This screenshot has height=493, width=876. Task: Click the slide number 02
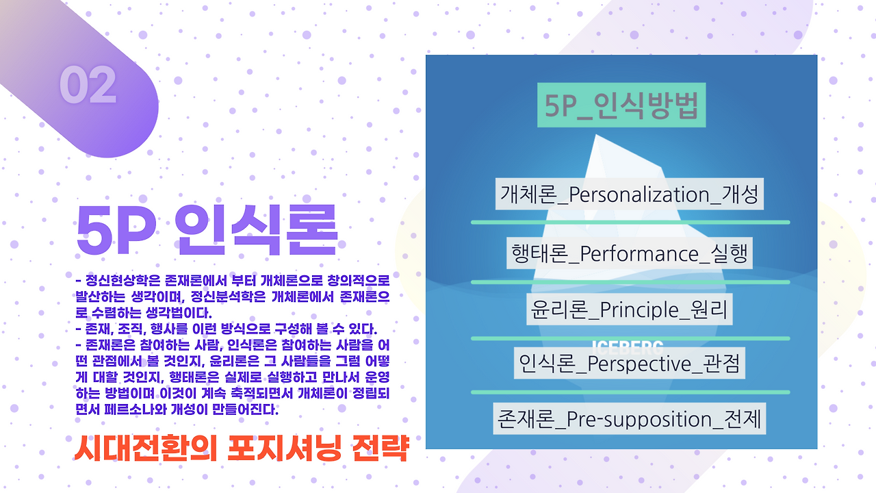pos(88,85)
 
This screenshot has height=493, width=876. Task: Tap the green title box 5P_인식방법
pos(621,105)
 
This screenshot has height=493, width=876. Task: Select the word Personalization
pos(639,194)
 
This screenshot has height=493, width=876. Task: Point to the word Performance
pos(639,253)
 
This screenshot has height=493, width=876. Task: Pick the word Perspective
pos(639,364)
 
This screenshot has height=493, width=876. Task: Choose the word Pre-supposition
pos(639,420)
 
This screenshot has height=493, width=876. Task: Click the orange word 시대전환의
pos(146,448)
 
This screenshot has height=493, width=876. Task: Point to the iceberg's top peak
pos(596,136)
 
